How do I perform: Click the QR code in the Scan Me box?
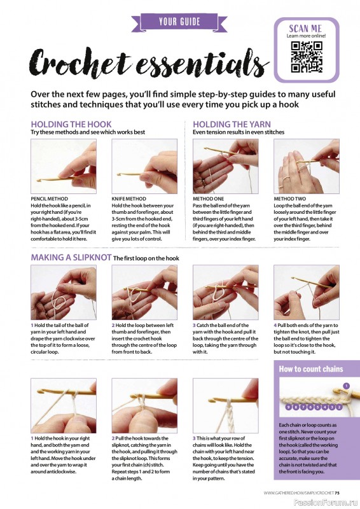307,57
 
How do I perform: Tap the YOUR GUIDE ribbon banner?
179,22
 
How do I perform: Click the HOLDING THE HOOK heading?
71,124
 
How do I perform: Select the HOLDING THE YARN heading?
232,124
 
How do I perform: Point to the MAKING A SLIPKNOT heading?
71,258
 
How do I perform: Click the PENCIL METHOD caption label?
50,199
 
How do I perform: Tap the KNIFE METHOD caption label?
129,199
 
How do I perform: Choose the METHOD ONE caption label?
209,199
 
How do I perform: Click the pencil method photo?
64,166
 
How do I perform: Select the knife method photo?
144,166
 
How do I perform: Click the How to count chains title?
311,369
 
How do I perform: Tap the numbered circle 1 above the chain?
347,386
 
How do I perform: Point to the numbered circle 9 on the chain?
287,407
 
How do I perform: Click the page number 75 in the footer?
337,492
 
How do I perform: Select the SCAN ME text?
305,28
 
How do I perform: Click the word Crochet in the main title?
80,62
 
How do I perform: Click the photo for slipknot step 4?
307,292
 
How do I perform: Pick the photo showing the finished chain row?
226,405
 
